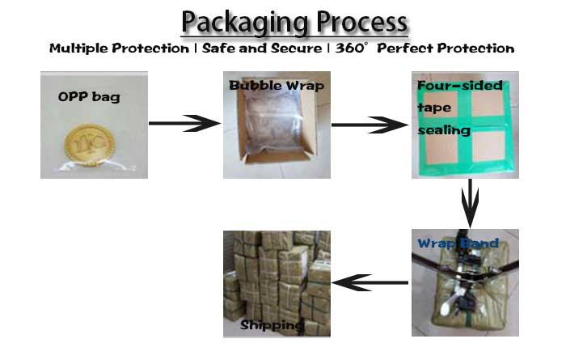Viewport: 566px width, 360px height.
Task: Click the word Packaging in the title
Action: pyautogui.click(x=245, y=23)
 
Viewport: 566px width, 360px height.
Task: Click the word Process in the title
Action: pyautogui.click(x=362, y=22)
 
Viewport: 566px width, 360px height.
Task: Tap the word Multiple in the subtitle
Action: pyautogui.click(x=78, y=49)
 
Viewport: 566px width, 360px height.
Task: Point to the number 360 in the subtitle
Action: pyautogui.click(x=349, y=48)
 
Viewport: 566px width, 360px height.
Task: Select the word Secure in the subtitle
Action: pyautogui.click(x=297, y=48)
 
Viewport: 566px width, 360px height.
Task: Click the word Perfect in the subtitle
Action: pyautogui.click(x=404, y=49)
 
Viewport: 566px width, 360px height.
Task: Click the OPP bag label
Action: pyautogui.click(x=89, y=97)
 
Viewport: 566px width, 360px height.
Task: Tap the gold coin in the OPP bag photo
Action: pyautogui.click(x=89, y=145)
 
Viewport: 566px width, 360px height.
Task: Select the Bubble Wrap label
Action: pyautogui.click(x=277, y=86)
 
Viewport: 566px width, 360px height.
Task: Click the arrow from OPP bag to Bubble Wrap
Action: pyautogui.click(x=184, y=123)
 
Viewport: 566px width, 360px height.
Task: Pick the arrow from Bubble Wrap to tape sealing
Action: pyautogui.click(x=370, y=125)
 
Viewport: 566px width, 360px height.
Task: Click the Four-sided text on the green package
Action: pyautogui.click(x=460, y=86)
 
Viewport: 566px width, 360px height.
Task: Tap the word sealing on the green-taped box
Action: pyautogui.click(x=444, y=130)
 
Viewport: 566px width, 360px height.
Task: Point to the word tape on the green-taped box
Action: pyautogui.click(x=434, y=108)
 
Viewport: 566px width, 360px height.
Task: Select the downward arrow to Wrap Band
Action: pyautogui.click(x=470, y=203)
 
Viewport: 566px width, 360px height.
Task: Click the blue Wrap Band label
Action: pyautogui.click(x=458, y=243)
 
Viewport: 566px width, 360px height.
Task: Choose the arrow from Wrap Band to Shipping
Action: pyautogui.click(x=370, y=282)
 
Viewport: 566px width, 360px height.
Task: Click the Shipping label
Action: pyautogui.click(x=272, y=325)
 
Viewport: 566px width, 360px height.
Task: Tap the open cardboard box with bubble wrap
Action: pyautogui.click(x=277, y=125)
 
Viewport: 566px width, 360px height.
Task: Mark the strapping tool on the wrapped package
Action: pyautogui.click(x=465, y=278)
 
